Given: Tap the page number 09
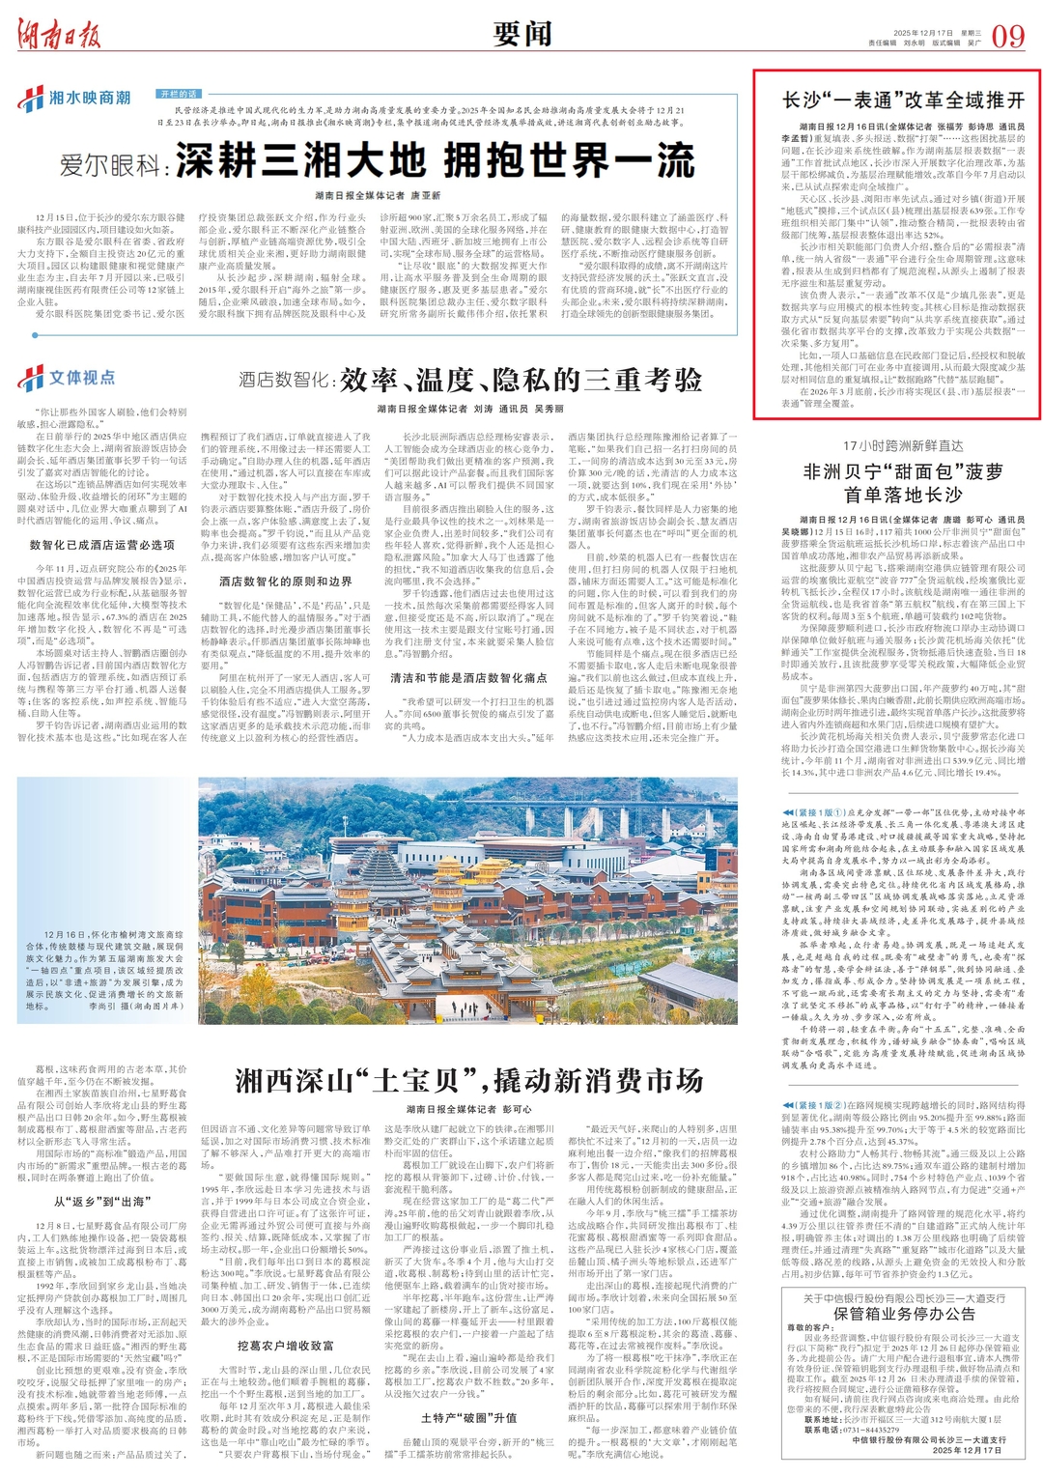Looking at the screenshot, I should coord(1007,37).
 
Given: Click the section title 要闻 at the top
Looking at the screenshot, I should coord(521,35).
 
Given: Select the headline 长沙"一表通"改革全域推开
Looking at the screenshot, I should coord(903,99).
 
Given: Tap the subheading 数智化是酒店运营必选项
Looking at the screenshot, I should coord(102,545).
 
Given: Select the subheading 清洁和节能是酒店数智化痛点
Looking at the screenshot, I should coord(468,677).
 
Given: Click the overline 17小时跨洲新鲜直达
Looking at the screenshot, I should coord(903,445).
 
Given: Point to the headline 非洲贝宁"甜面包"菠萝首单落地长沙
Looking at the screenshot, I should coord(903,483).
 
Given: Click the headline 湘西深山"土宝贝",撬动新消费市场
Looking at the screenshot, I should coord(468,1079).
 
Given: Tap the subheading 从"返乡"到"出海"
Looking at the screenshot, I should coord(101,1201).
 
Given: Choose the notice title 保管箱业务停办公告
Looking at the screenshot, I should coord(905,1314).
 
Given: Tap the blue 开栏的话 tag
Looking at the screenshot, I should coord(180,94).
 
